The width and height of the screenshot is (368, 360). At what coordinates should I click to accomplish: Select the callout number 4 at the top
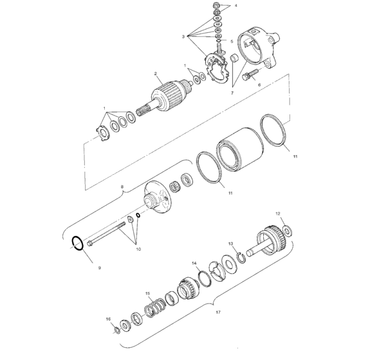pyautogui.click(x=235, y=6)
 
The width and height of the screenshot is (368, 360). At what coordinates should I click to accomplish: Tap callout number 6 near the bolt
pyautogui.click(x=259, y=84)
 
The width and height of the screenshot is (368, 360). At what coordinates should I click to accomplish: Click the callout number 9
pyautogui.click(x=99, y=266)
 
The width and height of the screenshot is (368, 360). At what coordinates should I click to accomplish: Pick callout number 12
pyautogui.click(x=278, y=213)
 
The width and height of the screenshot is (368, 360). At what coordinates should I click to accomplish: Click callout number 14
pyautogui.click(x=194, y=264)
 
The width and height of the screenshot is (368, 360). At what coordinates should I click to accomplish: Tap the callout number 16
pyautogui.click(x=108, y=319)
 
